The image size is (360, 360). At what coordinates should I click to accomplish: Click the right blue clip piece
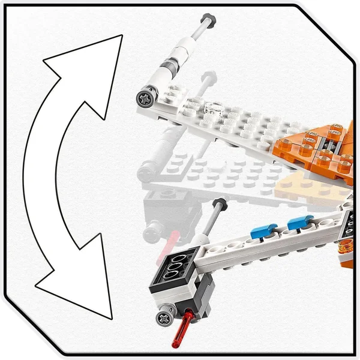point(300,223)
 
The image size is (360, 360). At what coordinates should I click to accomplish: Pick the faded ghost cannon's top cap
point(210,76)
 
